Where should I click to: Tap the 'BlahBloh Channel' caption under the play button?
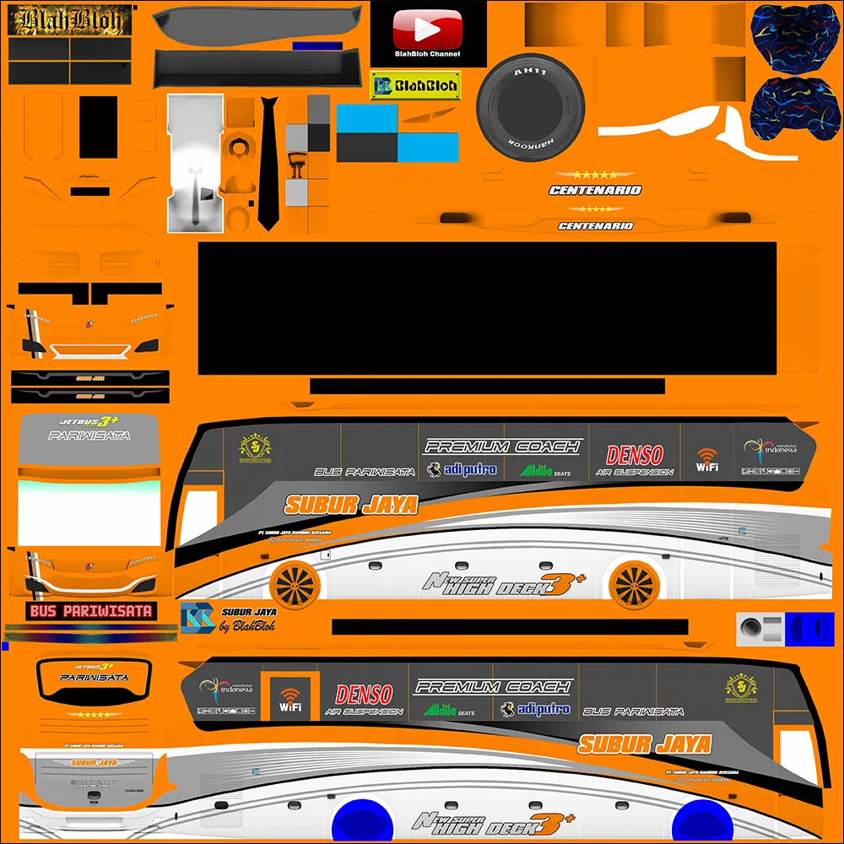tap(428, 54)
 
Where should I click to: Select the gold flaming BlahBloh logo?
tap(70, 20)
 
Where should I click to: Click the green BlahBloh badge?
tap(415, 85)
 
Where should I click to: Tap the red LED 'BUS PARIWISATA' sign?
tap(90, 611)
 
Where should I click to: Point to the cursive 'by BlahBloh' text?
tap(247, 626)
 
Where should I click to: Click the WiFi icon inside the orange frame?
tap(290, 699)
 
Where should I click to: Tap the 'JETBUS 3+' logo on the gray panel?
tap(89, 421)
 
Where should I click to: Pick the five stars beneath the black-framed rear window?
tap(93, 714)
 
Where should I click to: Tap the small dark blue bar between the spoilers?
tap(316, 46)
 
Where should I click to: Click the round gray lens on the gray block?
tap(750, 627)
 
